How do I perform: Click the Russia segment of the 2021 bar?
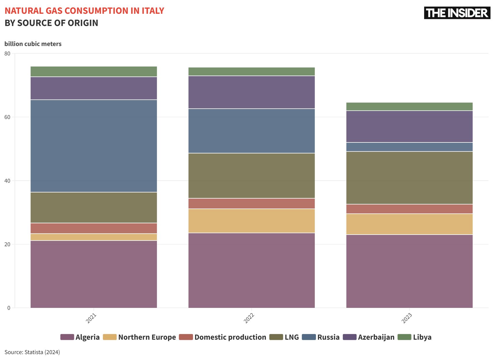(x=94, y=146)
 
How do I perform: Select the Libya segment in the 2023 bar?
(x=409, y=106)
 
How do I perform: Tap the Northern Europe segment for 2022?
(x=252, y=221)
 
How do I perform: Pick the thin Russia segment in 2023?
(x=409, y=147)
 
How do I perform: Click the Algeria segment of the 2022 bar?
(x=252, y=270)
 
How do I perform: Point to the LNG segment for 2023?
(x=409, y=178)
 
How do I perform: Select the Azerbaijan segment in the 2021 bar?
(x=94, y=88)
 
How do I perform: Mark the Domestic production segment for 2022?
(x=252, y=203)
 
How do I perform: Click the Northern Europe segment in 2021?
(x=94, y=237)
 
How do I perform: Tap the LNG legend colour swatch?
(x=276, y=337)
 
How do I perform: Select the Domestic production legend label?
(x=230, y=337)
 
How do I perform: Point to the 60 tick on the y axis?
(x=7, y=117)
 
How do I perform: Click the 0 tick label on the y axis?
(x=9, y=308)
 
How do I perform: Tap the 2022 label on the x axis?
(x=249, y=318)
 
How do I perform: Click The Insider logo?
(x=457, y=13)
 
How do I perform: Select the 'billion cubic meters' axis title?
(x=33, y=44)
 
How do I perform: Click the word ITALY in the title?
(x=153, y=11)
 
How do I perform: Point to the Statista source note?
(x=32, y=352)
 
